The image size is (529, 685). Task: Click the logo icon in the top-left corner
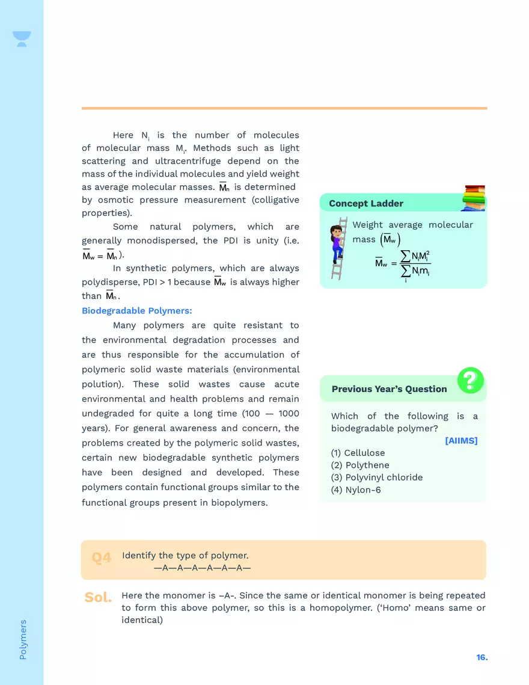[x=22, y=39]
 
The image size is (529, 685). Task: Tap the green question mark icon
[x=470, y=380]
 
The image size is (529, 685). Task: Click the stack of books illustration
[x=474, y=198]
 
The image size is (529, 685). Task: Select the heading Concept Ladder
[x=365, y=204]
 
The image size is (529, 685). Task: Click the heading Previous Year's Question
[x=389, y=389]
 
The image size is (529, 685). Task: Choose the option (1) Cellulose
[x=358, y=453]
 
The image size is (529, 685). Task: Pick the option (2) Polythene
[x=359, y=465]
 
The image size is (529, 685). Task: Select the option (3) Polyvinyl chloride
[x=376, y=478]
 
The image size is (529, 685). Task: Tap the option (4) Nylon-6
[x=355, y=490]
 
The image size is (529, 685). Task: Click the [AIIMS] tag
[x=461, y=441]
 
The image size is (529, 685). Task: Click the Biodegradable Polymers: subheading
[x=136, y=311]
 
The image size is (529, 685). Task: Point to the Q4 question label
[x=102, y=558]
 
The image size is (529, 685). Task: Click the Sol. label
[x=98, y=598]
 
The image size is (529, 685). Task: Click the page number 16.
[x=482, y=658]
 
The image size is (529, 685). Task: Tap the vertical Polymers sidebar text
[x=23, y=639]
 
